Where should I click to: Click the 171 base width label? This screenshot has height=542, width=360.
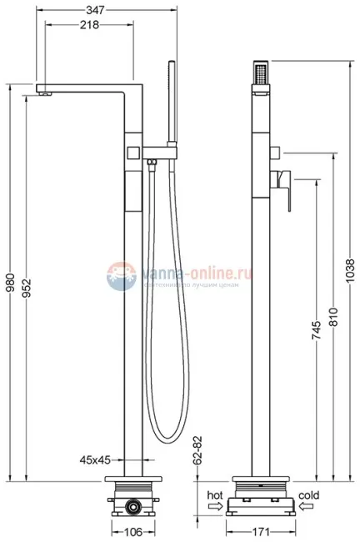(262, 531)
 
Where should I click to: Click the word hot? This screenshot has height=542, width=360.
(214, 495)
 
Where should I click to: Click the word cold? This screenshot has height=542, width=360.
(308, 495)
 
